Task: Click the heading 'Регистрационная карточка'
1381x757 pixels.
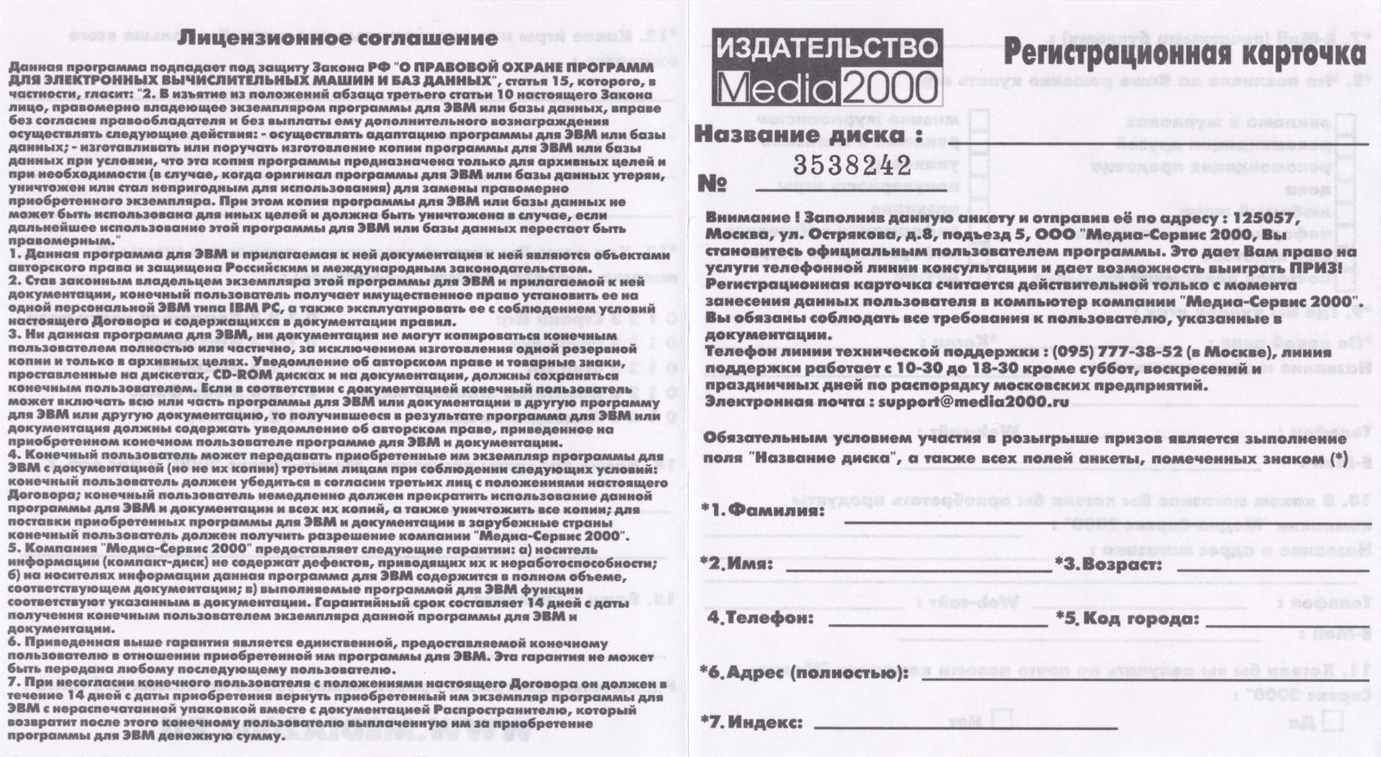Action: point(1183,53)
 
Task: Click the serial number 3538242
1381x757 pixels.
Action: point(852,165)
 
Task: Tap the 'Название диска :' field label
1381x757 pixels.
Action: point(809,136)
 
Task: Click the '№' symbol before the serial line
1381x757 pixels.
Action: point(712,184)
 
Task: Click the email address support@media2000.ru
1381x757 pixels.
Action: point(970,401)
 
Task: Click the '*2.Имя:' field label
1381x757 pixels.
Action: point(736,564)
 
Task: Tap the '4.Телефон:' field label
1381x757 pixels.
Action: point(760,618)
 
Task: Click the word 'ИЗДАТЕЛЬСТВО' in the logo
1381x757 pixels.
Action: point(826,47)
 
